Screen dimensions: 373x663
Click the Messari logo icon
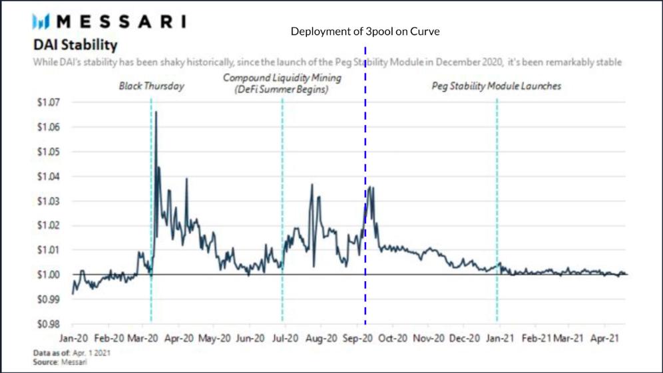41,21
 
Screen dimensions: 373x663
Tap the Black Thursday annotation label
151,86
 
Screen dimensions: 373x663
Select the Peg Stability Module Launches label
496,86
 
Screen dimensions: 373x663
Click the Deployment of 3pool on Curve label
365,31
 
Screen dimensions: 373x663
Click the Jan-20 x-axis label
79,338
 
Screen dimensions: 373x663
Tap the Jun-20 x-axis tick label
253,338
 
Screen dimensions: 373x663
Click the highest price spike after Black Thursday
156,112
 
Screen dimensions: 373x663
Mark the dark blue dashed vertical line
365,199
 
